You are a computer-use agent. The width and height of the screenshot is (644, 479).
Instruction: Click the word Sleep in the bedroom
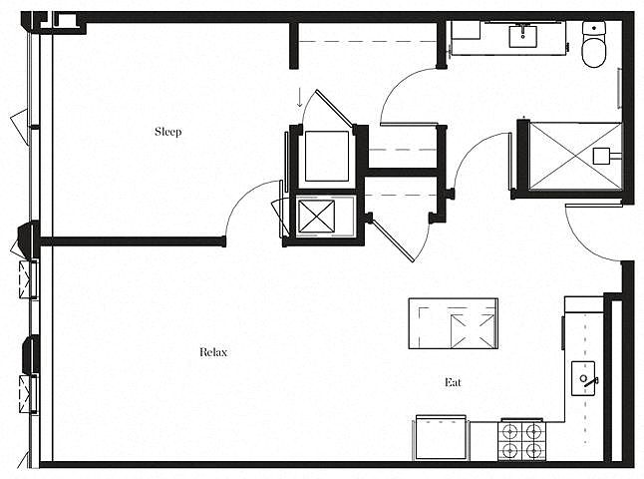coord(168,132)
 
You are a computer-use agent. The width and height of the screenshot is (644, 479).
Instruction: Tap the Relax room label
coord(213,352)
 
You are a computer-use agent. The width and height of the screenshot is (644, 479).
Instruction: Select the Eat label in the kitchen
coord(453,382)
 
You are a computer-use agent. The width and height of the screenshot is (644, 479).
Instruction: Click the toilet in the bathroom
coord(594,44)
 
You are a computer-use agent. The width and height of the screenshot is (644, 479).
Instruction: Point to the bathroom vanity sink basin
coord(522,37)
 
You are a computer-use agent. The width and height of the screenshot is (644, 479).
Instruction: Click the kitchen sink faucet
coord(590,381)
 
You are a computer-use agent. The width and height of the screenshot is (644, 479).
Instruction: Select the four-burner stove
coord(522,440)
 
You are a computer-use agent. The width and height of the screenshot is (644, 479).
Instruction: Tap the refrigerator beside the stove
coord(441,437)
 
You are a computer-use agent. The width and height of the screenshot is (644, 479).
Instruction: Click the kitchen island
coord(453,323)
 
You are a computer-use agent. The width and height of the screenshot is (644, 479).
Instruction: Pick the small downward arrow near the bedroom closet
coord(300,98)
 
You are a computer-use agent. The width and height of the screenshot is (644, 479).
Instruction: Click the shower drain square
coord(601,157)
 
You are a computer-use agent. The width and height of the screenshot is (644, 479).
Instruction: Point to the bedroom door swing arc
coord(243,195)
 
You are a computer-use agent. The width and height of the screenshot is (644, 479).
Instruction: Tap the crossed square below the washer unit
coord(316,217)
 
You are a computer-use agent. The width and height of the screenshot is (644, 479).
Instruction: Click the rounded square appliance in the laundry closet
coord(327,157)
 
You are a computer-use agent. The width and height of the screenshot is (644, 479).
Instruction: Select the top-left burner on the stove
coord(510,432)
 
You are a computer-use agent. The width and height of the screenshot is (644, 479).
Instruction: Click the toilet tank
coord(594,29)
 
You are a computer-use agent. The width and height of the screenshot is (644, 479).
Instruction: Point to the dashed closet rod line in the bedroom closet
coord(367,41)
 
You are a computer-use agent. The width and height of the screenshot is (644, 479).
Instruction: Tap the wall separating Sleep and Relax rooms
coord(133,241)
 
